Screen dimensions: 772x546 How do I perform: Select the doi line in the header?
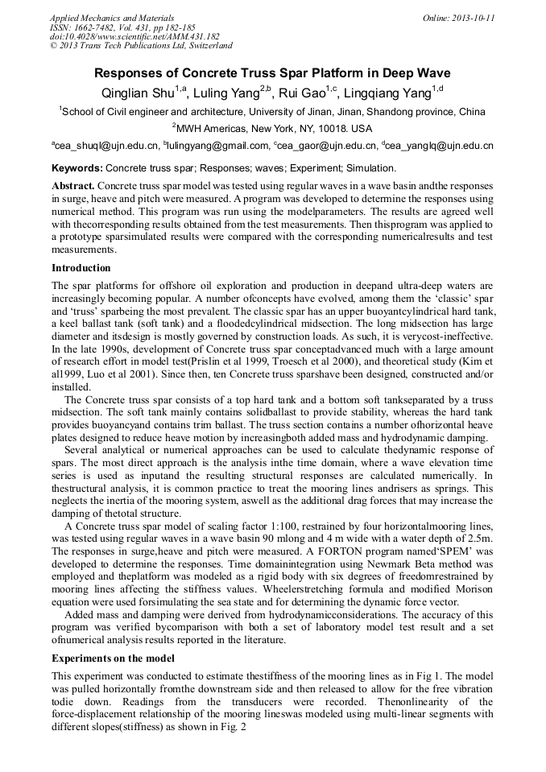tap(134, 36)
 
